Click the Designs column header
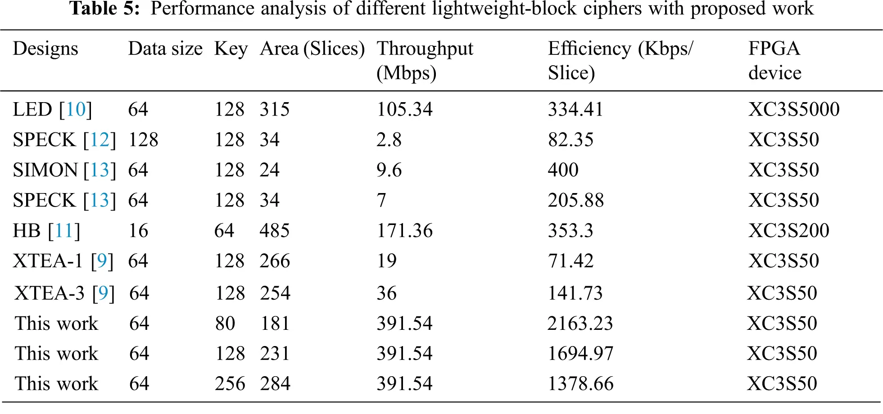click(x=45, y=49)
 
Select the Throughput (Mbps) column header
click(x=425, y=60)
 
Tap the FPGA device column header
click(x=774, y=60)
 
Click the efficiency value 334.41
click(x=575, y=109)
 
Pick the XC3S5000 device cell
click(x=793, y=109)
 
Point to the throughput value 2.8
click(x=389, y=140)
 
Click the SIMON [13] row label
click(x=64, y=170)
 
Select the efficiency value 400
click(x=563, y=170)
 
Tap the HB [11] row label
click(x=46, y=231)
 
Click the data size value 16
click(x=138, y=231)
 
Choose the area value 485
click(x=274, y=231)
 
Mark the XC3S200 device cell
click(x=788, y=231)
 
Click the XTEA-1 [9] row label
click(x=63, y=261)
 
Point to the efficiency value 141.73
click(x=575, y=293)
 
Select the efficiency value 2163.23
click(x=580, y=324)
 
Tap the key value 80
click(x=225, y=324)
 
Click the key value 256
click(x=230, y=384)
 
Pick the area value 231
click(x=275, y=354)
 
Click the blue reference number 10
click(x=76, y=109)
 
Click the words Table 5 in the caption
click(x=104, y=9)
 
